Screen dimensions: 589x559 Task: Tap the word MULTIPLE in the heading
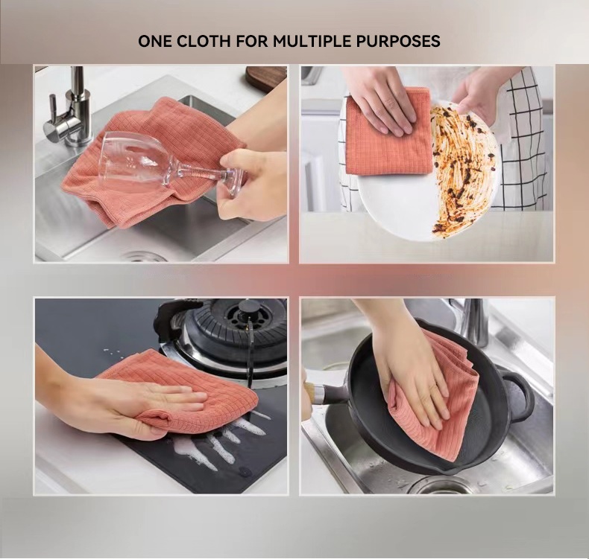[312, 41]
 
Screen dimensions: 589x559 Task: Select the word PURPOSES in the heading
[398, 41]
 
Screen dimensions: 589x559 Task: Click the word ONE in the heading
[155, 41]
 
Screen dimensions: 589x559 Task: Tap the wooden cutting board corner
[266, 76]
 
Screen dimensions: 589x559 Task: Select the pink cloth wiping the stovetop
[180, 394]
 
